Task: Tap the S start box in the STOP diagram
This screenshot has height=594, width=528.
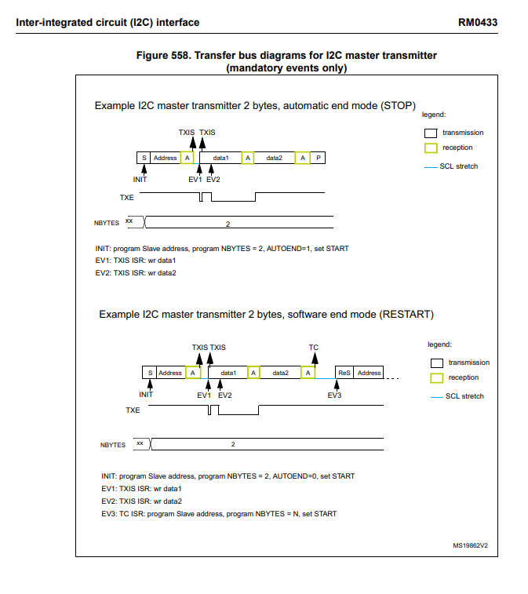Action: pos(144,158)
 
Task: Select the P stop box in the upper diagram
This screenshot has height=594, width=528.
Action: pos(318,158)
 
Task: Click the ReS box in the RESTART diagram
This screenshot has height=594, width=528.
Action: pos(344,373)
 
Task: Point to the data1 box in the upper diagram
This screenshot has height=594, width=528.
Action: pos(220,158)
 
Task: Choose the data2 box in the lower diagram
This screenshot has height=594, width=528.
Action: pos(281,373)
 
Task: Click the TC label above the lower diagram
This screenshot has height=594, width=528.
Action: pos(314,347)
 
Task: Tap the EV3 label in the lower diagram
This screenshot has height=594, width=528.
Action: pos(334,395)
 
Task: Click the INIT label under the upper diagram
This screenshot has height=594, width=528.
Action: pos(140,180)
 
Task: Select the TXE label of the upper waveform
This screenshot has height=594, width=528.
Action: pos(126,197)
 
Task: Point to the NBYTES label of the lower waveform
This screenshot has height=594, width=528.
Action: pos(113,445)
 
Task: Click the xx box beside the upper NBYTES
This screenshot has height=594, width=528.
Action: pos(129,222)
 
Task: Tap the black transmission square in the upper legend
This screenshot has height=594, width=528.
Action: pos(430,133)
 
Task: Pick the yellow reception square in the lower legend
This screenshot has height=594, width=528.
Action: pos(436,378)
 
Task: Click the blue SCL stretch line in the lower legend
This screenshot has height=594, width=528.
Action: pos(436,396)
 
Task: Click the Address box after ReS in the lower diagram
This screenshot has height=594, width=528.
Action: pos(370,373)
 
